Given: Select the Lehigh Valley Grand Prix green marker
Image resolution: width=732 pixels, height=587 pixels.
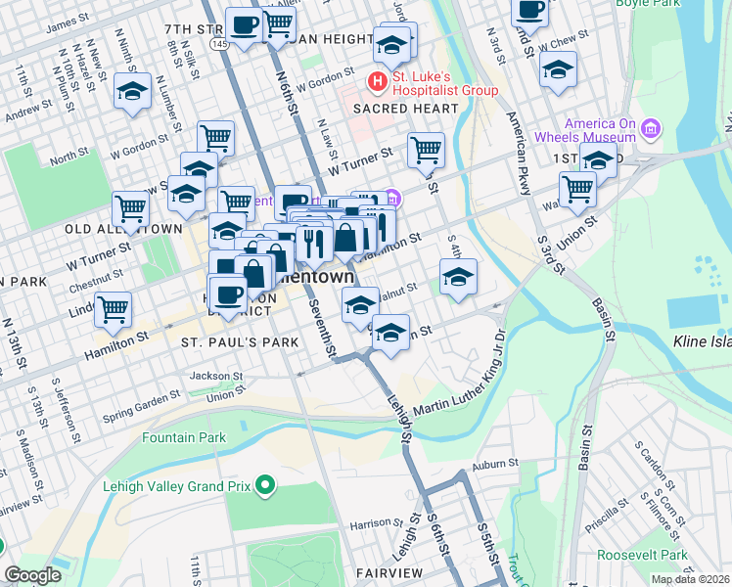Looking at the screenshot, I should (263, 485).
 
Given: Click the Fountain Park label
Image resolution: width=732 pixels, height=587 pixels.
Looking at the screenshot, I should (184, 438).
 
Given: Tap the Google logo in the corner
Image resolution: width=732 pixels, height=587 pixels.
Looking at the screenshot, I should (33, 575).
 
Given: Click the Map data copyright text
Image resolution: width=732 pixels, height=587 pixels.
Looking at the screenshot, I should (690, 579).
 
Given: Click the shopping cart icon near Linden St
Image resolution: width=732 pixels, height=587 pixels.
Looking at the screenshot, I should (114, 309).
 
